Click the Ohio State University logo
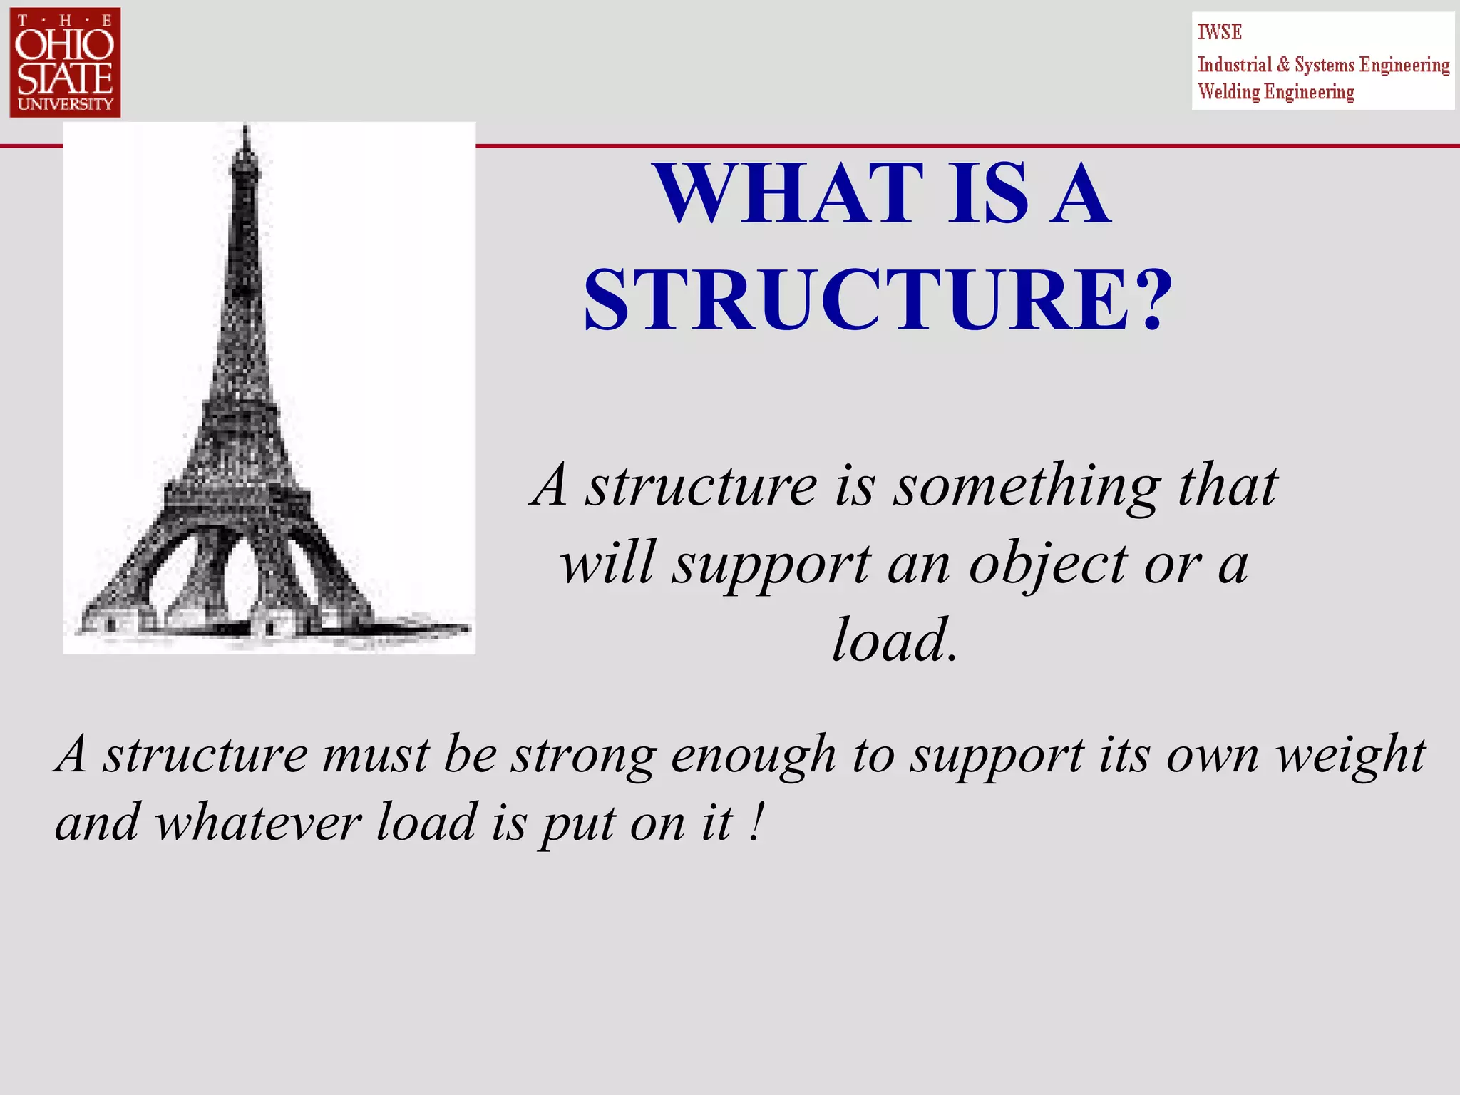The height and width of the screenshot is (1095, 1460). coord(65,63)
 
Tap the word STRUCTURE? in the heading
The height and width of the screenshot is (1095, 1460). coord(878,300)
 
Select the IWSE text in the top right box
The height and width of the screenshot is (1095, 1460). coord(1219,32)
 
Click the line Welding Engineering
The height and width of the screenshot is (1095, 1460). coord(1275,92)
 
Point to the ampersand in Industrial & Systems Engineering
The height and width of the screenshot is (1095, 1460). coord(1283,65)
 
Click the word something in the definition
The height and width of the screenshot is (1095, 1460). coord(1027,487)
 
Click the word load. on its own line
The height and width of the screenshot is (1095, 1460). coord(895,640)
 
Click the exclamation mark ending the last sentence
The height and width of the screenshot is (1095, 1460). coord(757,821)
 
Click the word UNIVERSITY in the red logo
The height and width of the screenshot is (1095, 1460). coord(65,104)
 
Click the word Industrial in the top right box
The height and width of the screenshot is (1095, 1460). coord(1234,65)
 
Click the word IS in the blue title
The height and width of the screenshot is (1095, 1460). coord(988,194)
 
